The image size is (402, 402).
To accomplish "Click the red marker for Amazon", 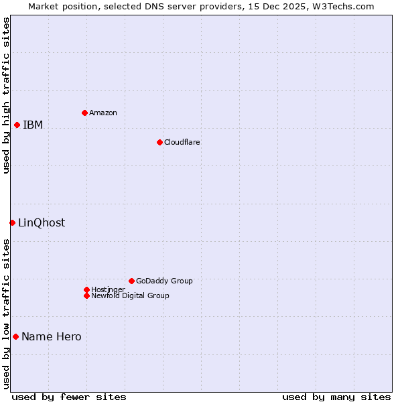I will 84,113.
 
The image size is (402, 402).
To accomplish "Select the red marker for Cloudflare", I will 159,142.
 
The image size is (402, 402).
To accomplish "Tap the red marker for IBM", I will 17,125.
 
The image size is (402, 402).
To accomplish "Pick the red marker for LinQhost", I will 12,222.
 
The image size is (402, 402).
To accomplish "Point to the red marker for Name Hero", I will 15,336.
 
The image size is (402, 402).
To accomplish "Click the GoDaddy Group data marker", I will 131,281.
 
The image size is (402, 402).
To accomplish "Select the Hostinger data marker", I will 86,289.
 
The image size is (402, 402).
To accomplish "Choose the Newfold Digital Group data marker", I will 86,295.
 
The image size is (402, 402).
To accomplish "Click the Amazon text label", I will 103,113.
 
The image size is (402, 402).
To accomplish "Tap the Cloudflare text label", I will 182,142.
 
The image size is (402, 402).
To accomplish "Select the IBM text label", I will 33,125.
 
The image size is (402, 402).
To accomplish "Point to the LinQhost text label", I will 42,222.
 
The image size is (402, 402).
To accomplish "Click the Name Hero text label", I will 52,336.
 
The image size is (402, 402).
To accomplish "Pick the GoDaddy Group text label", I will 164,281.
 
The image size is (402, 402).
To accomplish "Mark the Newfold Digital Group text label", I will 130,295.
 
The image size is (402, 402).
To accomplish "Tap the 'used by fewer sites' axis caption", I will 69,397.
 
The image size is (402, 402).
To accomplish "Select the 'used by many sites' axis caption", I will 336,397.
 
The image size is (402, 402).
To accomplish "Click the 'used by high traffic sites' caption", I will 6,95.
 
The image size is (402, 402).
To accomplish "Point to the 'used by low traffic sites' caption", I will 6,313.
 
